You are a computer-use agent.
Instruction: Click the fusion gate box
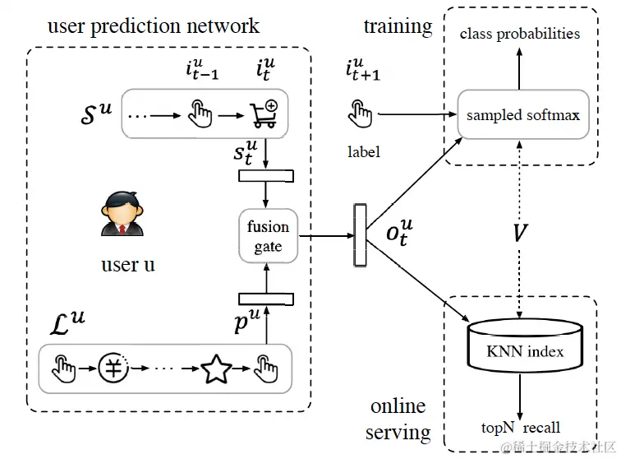[x=268, y=236]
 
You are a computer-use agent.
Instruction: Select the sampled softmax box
[x=523, y=114]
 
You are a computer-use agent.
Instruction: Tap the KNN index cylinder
[x=525, y=345]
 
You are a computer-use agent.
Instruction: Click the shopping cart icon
[x=264, y=114]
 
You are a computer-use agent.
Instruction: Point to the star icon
[x=216, y=369]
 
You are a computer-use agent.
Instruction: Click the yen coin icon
[x=113, y=369]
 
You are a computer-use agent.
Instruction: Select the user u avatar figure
[x=122, y=214]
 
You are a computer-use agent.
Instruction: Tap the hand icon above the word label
[x=360, y=114]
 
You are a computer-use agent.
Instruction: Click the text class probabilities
[x=520, y=34]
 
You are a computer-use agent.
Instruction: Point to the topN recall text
[x=521, y=428]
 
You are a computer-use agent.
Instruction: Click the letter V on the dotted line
[x=520, y=233]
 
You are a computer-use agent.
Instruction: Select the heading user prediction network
[x=154, y=26]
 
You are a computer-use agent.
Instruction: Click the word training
[x=398, y=27]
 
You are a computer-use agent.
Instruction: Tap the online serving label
[x=398, y=419]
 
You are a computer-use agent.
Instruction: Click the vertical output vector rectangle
[x=360, y=235]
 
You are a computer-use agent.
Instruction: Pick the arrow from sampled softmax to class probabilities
[x=519, y=68]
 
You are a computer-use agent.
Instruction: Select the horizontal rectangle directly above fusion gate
[x=266, y=176]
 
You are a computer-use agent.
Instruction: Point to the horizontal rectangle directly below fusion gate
[x=266, y=299]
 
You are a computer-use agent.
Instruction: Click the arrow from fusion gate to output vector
[x=326, y=236]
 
